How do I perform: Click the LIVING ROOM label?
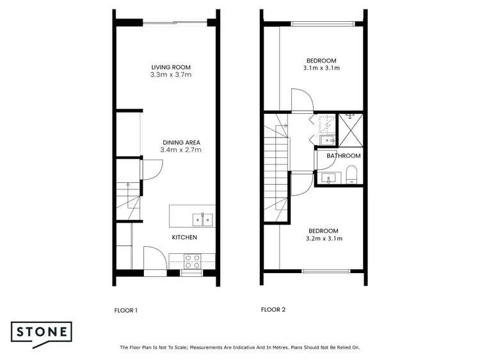pyautogui.click(x=171, y=67)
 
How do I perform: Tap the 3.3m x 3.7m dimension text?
pyautogui.click(x=171, y=75)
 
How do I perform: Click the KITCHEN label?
pyautogui.click(x=184, y=237)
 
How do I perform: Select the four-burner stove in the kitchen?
pyautogui.click(x=193, y=260)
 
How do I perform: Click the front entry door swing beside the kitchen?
pyautogui.click(x=156, y=259)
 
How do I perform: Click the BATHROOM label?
pyautogui.click(x=343, y=155)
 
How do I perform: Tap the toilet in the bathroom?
pyautogui.click(x=351, y=174)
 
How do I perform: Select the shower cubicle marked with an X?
pyautogui.click(x=351, y=128)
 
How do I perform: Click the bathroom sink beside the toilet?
pyautogui.click(x=330, y=178)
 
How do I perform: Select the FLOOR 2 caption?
pyautogui.click(x=273, y=310)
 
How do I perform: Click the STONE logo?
pyautogui.click(x=41, y=333)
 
